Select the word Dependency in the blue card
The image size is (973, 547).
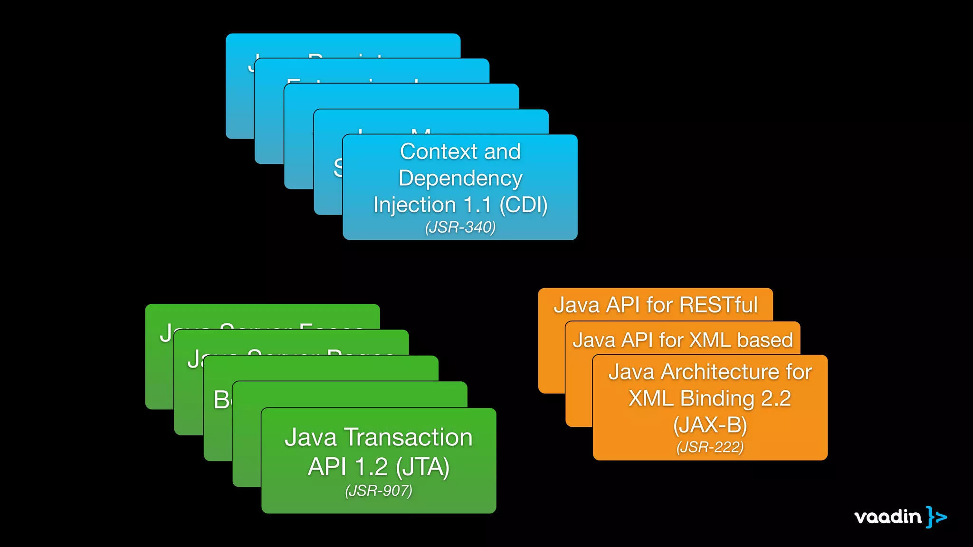pos(460,179)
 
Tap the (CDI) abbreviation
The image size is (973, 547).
pos(523,205)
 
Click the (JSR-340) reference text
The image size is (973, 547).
pos(460,227)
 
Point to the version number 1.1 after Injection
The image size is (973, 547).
pos(477,205)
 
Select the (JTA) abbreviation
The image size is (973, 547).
pos(422,467)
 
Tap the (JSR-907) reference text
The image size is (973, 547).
pos(379,490)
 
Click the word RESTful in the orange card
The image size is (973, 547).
pos(718,305)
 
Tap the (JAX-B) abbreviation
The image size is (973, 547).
pos(710,425)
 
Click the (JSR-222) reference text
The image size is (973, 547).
pos(710,447)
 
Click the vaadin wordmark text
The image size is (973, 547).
pos(887,517)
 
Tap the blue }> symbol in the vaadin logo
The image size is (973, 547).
pos(936,517)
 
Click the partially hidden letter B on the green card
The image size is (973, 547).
pos(221,400)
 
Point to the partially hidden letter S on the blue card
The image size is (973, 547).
pos(338,168)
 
